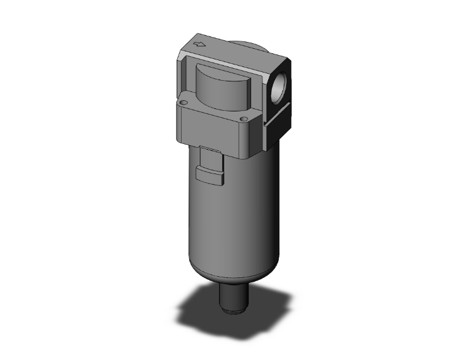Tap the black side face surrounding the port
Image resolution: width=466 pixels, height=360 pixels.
click(x=279, y=100)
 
